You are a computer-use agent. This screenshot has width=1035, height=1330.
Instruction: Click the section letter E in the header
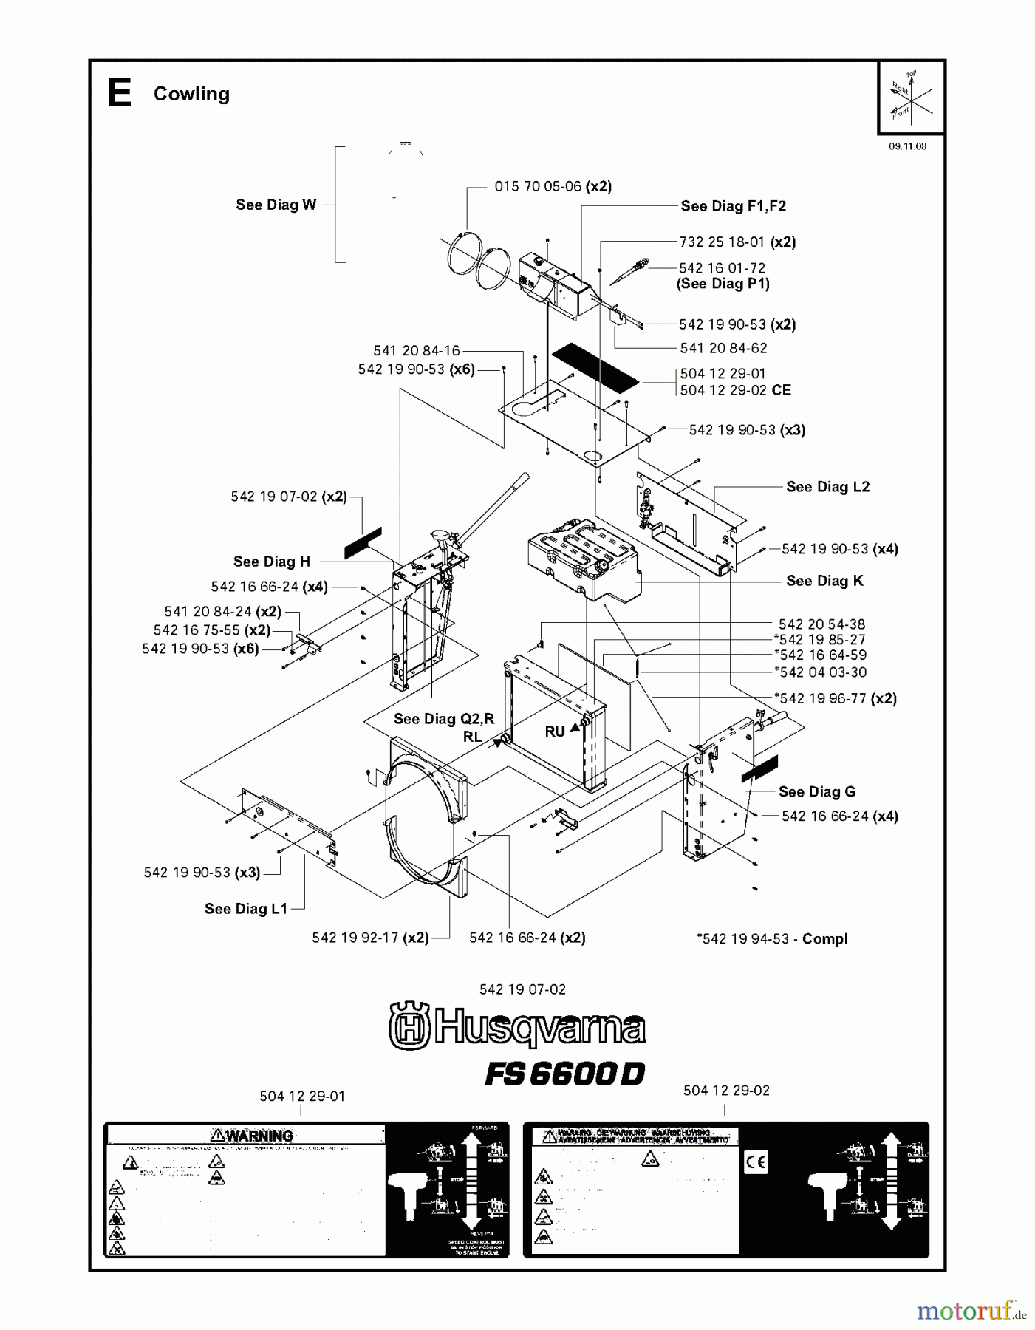click(x=120, y=94)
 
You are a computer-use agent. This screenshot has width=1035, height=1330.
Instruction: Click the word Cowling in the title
click(x=191, y=94)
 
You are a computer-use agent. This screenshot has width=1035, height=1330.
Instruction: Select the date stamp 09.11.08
click(x=907, y=146)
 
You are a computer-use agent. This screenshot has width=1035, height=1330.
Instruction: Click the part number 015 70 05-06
click(x=538, y=187)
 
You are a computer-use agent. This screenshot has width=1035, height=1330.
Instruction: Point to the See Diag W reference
click(x=276, y=205)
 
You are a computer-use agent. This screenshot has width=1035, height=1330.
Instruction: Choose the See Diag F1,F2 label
click(x=733, y=206)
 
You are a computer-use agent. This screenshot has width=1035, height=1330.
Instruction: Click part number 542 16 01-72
click(x=722, y=268)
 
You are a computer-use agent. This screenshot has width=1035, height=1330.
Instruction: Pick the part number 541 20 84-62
click(x=723, y=348)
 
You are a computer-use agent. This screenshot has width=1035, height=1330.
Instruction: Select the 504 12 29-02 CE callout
click(x=735, y=390)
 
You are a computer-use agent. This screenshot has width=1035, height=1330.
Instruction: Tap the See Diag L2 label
click(x=827, y=487)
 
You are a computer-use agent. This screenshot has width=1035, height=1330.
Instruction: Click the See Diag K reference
click(x=824, y=581)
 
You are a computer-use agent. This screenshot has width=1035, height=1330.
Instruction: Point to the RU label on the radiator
click(x=555, y=731)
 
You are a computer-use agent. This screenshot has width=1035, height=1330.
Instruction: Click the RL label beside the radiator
click(x=473, y=737)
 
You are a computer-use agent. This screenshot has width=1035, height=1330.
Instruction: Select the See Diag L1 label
click(x=245, y=909)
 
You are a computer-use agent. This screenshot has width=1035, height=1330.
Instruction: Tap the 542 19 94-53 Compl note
click(x=772, y=939)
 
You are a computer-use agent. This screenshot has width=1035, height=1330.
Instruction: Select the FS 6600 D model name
click(x=564, y=1074)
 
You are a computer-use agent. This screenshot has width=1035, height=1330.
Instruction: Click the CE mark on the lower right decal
click(x=756, y=1163)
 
